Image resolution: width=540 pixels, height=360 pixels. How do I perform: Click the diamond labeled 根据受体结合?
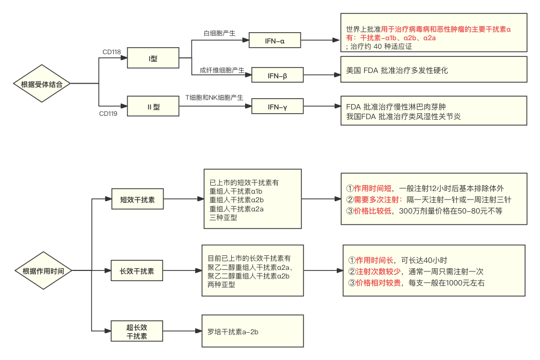click(x=42, y=84)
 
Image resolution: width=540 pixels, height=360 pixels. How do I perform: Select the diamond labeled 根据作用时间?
click(x=43, y=271)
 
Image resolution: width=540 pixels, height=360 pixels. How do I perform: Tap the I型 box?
click(x=153, y=58)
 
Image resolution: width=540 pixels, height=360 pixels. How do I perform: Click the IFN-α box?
click(x=275, y=41)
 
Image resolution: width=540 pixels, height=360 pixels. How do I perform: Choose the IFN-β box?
click(x=277, y=76)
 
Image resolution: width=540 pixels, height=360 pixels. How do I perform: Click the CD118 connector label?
click(x=112, y=52)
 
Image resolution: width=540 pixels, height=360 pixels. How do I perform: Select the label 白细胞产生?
click(x=219, y=33)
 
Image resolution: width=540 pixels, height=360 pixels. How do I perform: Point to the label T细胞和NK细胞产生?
click(x=214, y=98)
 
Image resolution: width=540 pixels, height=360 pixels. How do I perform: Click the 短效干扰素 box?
click(x=137, y=199)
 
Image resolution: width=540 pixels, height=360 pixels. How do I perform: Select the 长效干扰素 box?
click(x=137, y=271)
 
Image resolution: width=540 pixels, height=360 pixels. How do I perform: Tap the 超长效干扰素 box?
click(x=137, y=332)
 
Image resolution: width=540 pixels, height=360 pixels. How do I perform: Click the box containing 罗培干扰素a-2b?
click(x=252, y=332)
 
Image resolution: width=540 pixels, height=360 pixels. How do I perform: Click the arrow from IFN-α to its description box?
click(x=321, y=41)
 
